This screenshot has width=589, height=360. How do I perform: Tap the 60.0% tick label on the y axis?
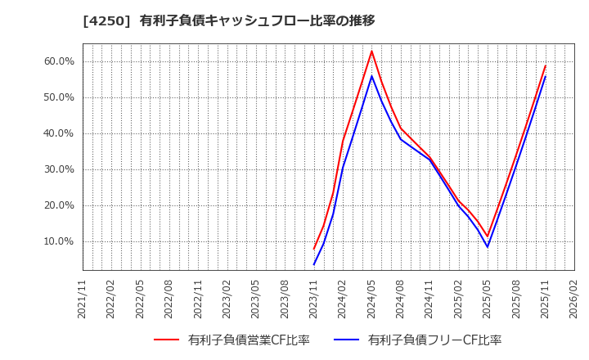click(58, 61)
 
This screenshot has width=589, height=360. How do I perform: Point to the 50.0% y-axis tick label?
click(58, 97)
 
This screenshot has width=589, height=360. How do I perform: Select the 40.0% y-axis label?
click(58, 133)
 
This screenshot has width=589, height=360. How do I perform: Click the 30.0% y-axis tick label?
click(58, 169)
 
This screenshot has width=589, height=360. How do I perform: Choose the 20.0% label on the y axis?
click(58, 205)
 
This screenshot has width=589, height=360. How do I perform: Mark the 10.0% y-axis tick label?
click(58, 241)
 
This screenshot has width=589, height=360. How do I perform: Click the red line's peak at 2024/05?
click(371, 51)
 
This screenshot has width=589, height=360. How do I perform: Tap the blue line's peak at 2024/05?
click(371, 76)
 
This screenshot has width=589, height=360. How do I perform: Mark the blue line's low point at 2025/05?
click(488, 247)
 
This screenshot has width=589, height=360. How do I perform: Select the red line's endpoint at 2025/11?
click(546, 65)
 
